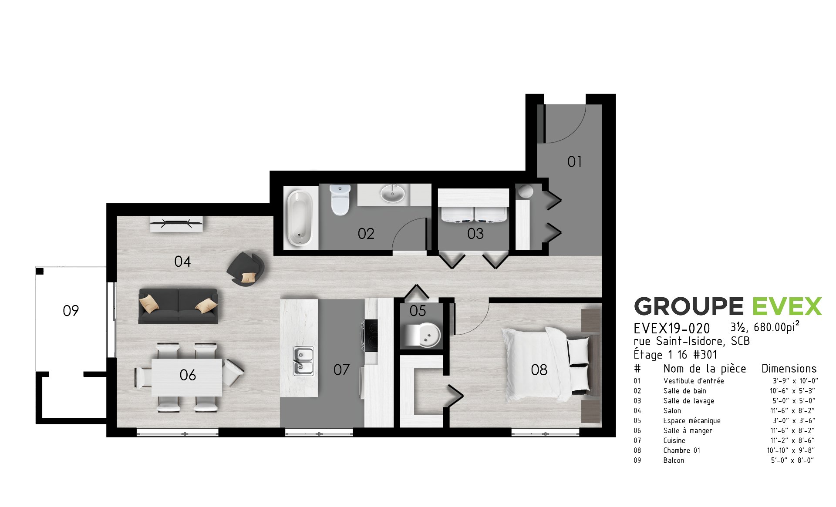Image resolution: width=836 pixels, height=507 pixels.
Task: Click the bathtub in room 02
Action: (300, 218)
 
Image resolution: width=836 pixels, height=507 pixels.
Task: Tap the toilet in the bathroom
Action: (340, 200)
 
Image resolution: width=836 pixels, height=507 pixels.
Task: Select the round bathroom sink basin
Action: (392, 194)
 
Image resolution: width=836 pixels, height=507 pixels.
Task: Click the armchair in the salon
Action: (246, 269)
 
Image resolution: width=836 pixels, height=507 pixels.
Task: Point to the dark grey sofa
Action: (178, 306)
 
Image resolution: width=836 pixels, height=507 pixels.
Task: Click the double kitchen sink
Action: (303, 361)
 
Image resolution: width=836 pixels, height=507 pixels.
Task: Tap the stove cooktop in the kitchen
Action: (371, 336)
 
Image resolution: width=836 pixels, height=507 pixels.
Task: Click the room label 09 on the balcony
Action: (71, 311)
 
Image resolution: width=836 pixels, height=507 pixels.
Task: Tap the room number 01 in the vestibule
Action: (574, 162)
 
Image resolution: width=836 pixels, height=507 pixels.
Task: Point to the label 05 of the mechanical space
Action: (418, 311)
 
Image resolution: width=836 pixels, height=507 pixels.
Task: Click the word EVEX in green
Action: (787, 306)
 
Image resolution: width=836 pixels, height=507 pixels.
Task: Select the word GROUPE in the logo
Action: (689, 306)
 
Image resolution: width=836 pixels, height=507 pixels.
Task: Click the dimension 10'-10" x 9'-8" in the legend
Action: (791, 450)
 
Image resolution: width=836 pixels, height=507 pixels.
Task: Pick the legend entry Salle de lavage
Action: (689, 401)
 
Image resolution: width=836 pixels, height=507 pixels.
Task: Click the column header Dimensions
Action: (789, 369)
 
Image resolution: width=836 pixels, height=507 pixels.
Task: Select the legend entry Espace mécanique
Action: (692, 421)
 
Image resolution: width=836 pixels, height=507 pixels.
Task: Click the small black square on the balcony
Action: (40, 271)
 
